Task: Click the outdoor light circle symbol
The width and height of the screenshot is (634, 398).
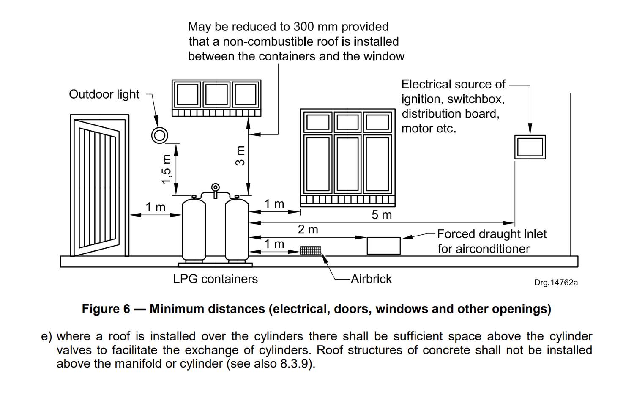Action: (x=160, y=135)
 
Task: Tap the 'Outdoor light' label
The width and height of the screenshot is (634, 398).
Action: (x=104, y=94)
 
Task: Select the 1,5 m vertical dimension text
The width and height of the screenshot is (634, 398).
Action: (x=167, y=169)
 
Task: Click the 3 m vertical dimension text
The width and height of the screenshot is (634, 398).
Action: (x=240, y=156)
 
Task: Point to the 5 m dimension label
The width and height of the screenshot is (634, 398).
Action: (x=381, y=215)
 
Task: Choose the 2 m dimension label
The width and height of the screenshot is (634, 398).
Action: (x=308, y=230)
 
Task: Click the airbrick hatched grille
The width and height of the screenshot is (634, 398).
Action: (x=311, y=250)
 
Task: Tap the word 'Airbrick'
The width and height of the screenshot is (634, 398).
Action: (x=371, y=279)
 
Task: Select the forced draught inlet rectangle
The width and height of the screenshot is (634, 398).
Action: (x=383, y=246)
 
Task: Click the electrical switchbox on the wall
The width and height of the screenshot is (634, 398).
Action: (x=530, y=147)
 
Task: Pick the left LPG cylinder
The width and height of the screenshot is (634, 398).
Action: (x=194, y=231)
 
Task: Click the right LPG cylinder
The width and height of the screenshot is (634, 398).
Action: (x=237, y=231)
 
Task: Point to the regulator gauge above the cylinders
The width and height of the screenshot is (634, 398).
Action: (x=216, y=187)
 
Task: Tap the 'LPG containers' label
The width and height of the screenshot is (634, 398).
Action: (x=215, y=279)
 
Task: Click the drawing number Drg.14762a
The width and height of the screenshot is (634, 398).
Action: (x=555, y=283)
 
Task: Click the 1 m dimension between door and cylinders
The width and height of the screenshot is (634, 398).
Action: (x=156, y=207)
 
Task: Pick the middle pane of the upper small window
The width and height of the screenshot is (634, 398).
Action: (x=216, y=94)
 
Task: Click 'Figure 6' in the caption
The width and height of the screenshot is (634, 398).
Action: (x=106, y=309)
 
